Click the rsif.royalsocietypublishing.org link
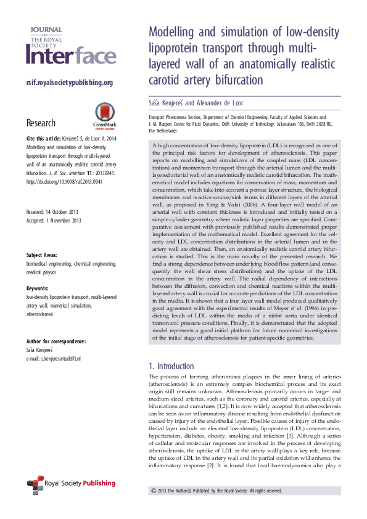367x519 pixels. (69, 83)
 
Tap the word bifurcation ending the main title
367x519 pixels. (237, 80)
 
